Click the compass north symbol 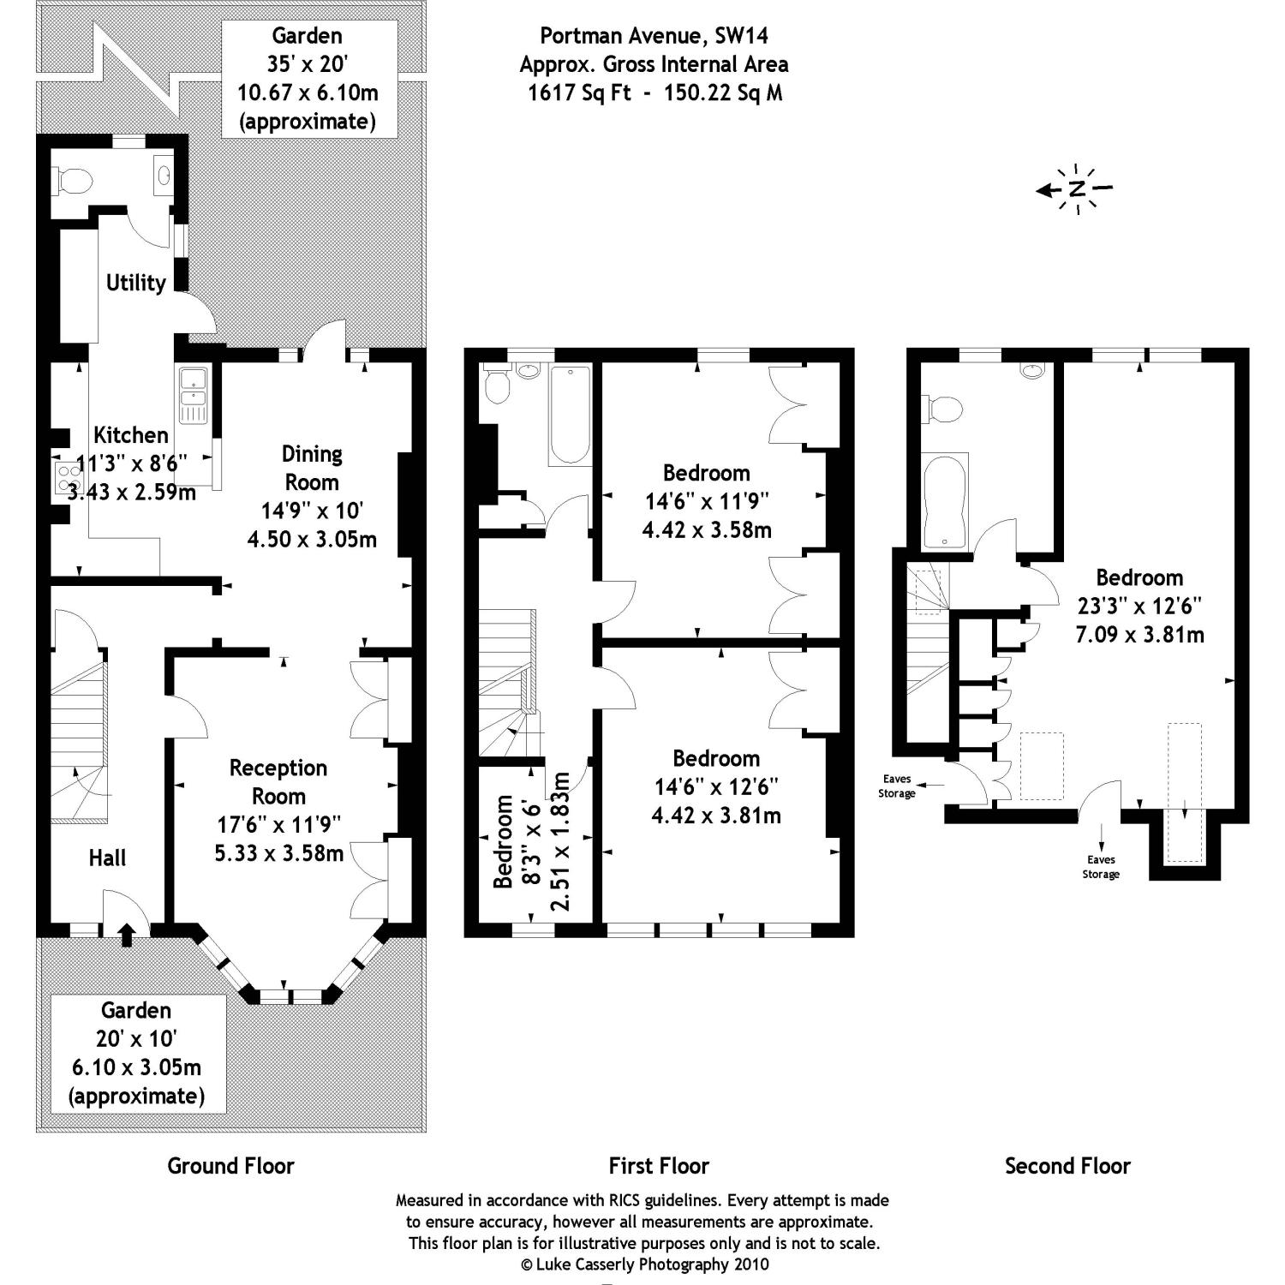pos(1076,189)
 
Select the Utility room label pos(135,282)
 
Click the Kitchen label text pos(130,434)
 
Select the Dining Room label pos(312,468)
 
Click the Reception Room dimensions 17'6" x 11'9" pos(279,824)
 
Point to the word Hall pos(108,858)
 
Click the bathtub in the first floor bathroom pos(570,414)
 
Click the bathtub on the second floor pos(945,501)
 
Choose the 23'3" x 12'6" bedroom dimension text pos(1139,606)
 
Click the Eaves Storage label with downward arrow pos(1101,866)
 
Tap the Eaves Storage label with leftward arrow pos(897,786)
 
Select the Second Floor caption pos(1067,1166)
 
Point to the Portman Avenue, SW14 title pos(654,36)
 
